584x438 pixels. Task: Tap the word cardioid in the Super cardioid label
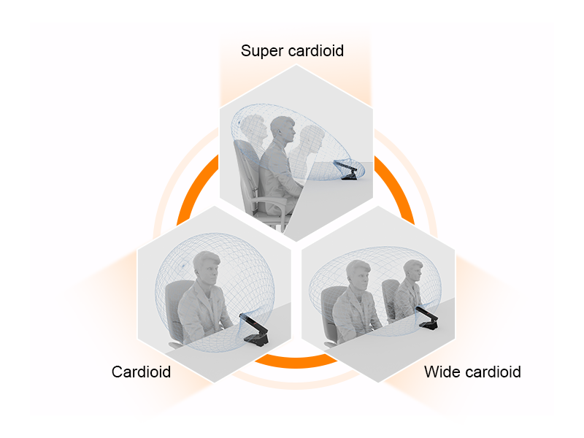click(x=316, y=50)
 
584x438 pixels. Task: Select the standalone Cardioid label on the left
click(x=141, y=372)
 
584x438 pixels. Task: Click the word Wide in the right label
click(x=442, y=372)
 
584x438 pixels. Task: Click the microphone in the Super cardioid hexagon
click(x=347, y=170)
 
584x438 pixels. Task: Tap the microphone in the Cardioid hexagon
click(x=255, y=330)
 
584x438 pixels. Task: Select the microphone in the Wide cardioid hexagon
click(x=427, y=318)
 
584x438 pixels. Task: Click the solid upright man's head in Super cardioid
click(x=283, y=131)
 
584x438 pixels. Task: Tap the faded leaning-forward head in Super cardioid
click(x=310, y=139)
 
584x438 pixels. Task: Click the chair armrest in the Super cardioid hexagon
click(x=269, y=201)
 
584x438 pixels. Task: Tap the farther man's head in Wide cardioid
click(x=413, y=270)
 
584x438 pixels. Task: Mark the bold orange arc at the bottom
click(x=296, y=362)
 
